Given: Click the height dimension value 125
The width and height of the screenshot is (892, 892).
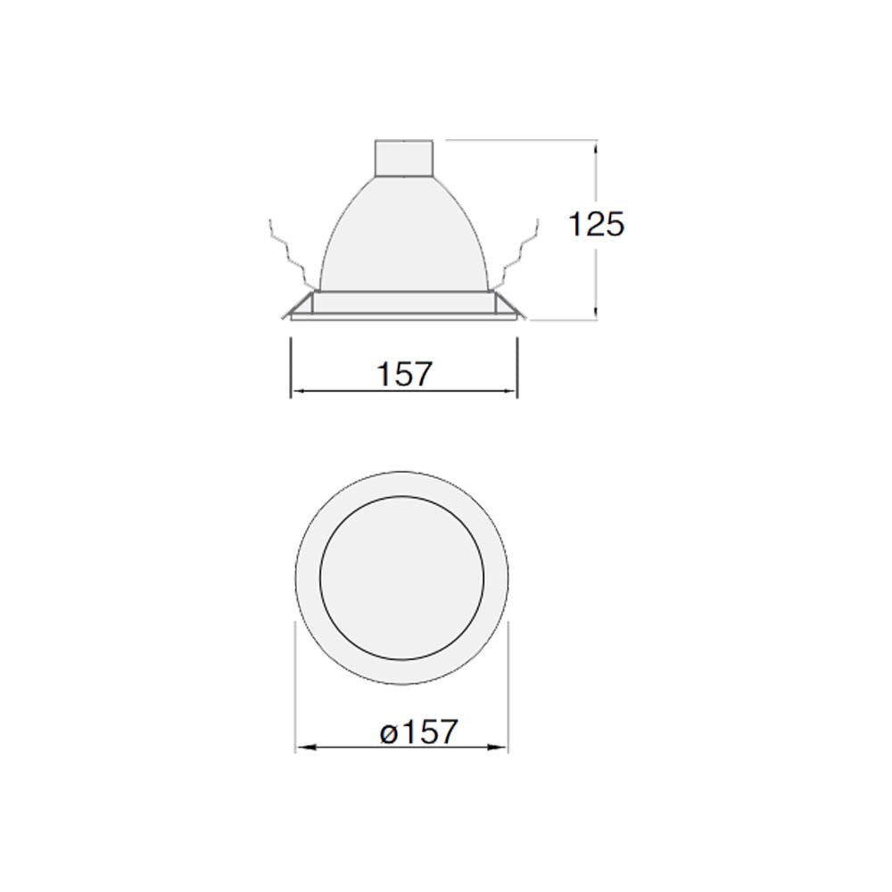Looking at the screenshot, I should pos(597,224).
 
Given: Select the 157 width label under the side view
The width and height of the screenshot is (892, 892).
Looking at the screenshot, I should pos(403,374).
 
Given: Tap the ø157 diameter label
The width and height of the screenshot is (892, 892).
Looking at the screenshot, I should pos(417,732).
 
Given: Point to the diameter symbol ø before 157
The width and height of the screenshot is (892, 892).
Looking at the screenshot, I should pos(386,734).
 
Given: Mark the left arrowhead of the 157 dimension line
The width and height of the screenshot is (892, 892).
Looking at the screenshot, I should pos(296,391).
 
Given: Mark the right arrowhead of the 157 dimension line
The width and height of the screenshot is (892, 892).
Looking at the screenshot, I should pos(513,391).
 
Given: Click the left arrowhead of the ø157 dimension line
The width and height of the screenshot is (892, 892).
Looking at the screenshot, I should pos(301,747).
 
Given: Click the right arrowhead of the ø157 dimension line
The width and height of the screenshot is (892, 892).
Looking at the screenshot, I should pos(503,747).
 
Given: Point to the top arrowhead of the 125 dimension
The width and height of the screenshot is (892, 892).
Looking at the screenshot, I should pos(595,144).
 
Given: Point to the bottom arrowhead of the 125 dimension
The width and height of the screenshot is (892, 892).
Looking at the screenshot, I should pos(595,312).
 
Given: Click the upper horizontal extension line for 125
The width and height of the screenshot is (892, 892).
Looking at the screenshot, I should pos(517,139).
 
